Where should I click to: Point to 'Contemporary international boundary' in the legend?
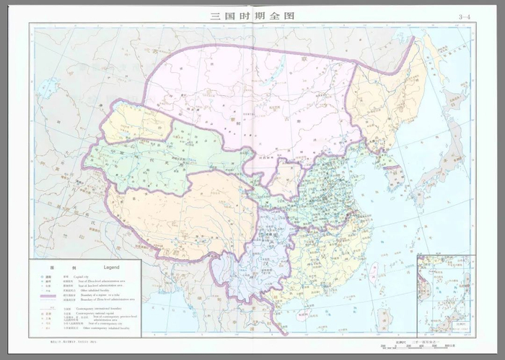98,308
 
